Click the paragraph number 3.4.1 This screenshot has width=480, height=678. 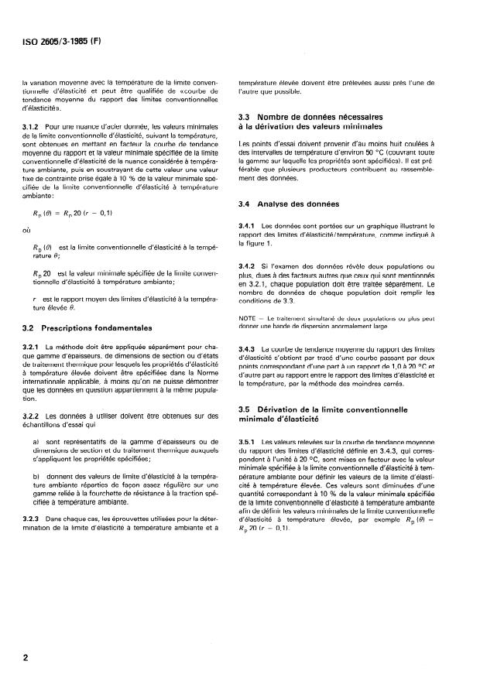coord(248,225)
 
